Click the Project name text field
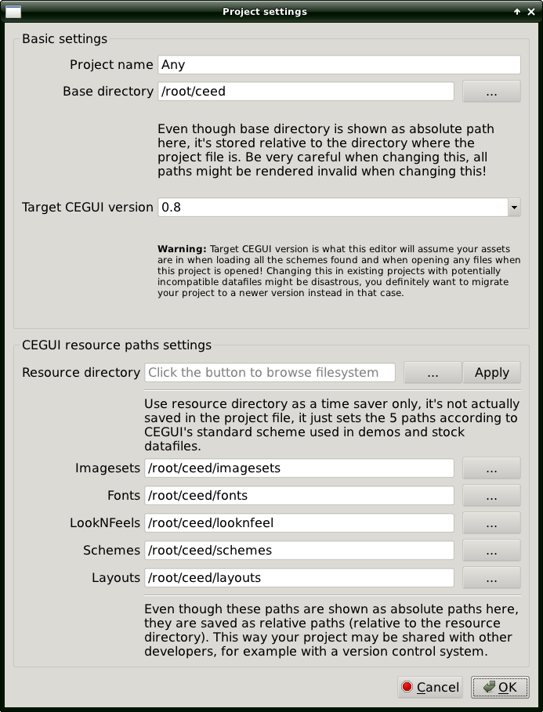click(339, 64)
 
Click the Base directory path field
click(306, 92)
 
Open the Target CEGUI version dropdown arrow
click(514, 208)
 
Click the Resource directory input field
click(270, 373)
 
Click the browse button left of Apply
click(433, 373)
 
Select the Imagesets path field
click(299, 468)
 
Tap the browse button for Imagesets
click(491, 468)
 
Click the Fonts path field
click(299, 496)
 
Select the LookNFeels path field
click(299, 523)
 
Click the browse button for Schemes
click(491, 551)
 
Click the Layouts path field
click(299, 578)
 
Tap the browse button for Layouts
click(491, 578)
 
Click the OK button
click(500, 688)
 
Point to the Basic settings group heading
click(64, 38)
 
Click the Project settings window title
click(265, 12)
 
